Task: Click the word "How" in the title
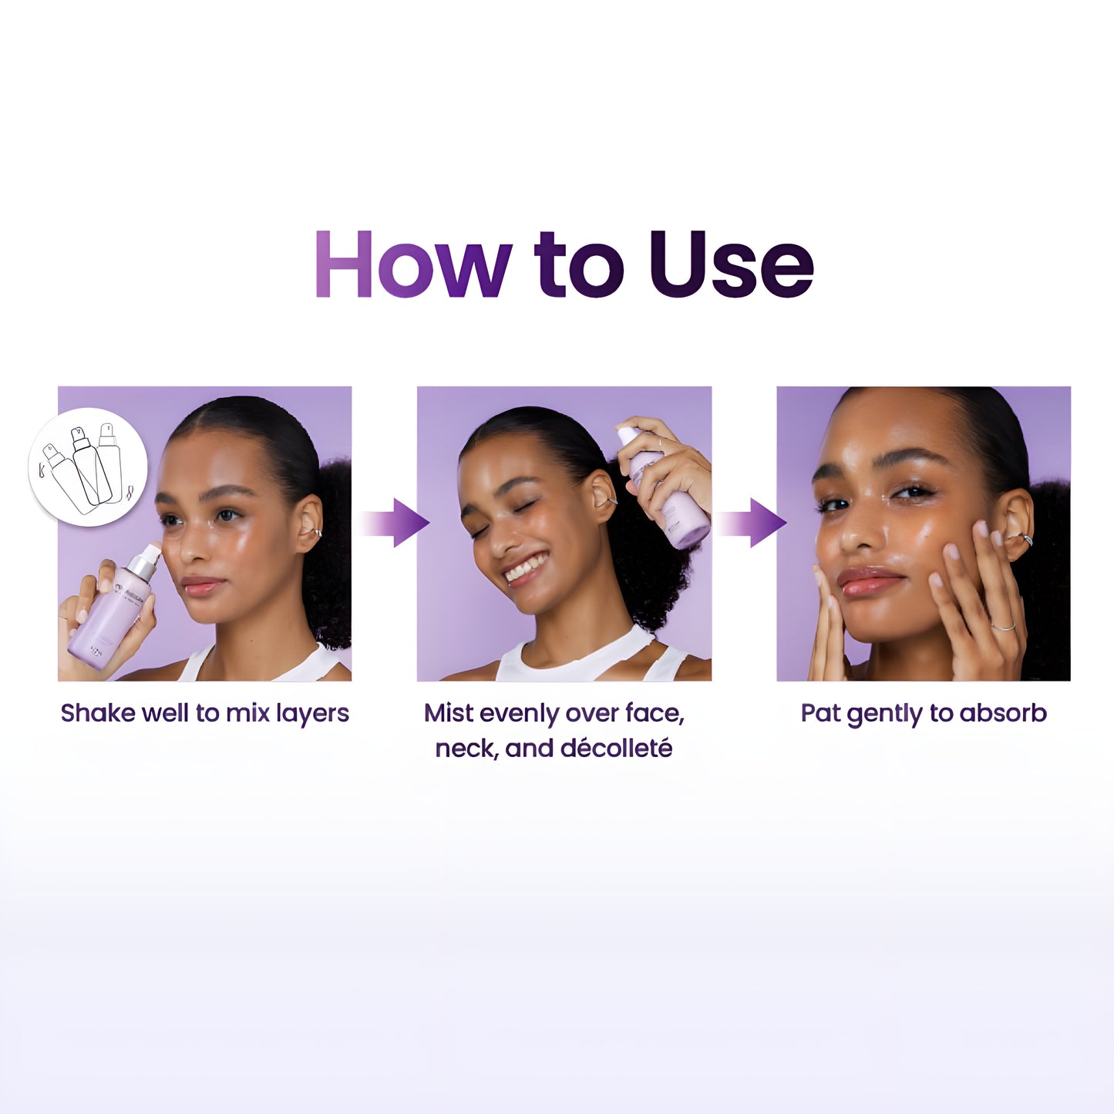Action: click(413, 264)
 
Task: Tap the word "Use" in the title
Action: click(731, 264)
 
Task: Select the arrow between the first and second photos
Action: click(394, 523)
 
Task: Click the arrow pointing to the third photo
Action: click(752, 523)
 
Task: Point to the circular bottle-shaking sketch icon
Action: click(88, 467)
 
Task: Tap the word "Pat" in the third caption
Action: click(821, 713)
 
